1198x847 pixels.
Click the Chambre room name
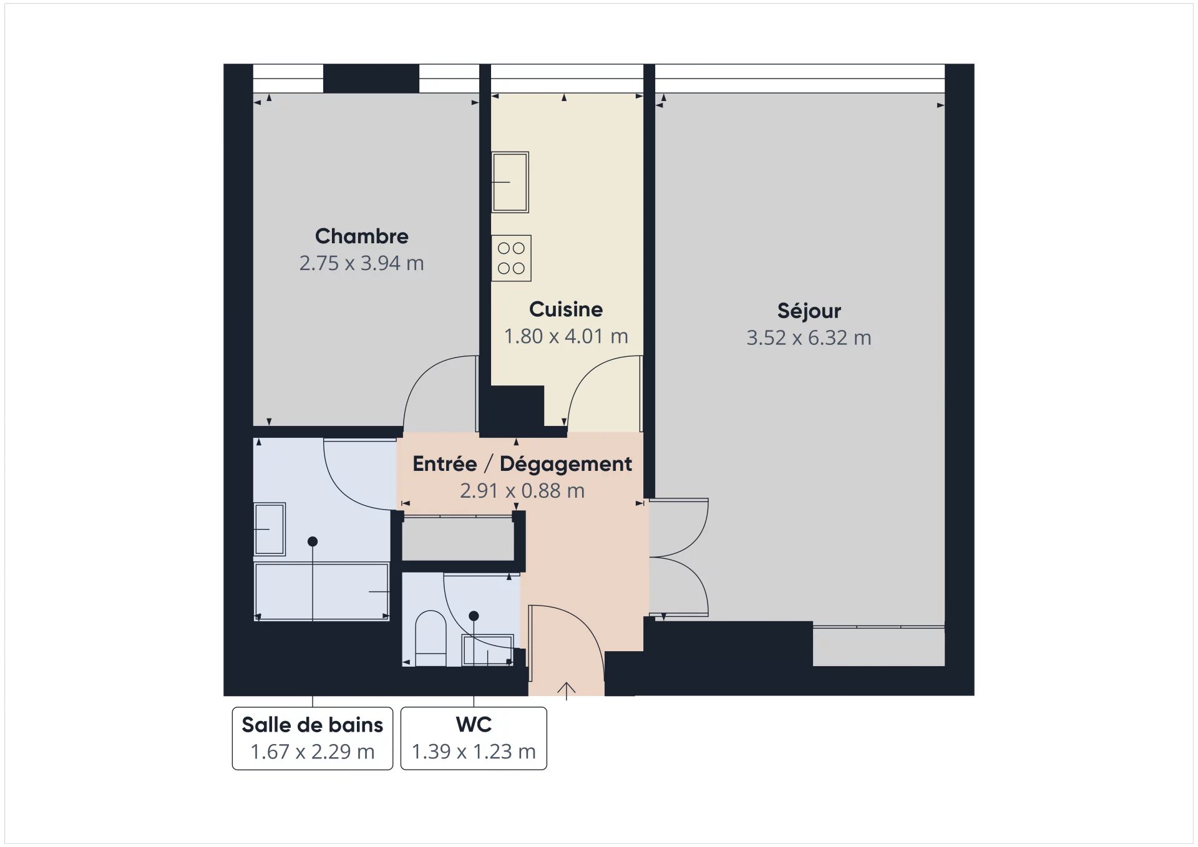(x=361, y=236)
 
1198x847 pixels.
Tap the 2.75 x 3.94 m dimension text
(x=361, y=263)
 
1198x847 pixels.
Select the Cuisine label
(x=566, y=309)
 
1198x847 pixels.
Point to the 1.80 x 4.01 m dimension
(x=566, y=336)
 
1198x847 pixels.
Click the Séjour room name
(x=809, y=310)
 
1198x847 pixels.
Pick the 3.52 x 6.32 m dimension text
(x=809, y=338)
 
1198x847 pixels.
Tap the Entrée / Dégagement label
(x=522, y=464)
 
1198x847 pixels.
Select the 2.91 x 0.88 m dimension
(x=522, y=491)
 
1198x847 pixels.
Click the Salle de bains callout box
(x=313, y=738)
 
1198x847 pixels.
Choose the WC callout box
(x=474, y=738)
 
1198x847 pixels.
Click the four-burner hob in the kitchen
(x=511, y=258)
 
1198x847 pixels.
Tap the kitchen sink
(x=510, y=182)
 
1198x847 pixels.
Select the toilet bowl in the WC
(x=431, y=638)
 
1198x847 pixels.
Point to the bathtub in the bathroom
(x=322, y=591)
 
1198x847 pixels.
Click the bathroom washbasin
(x=270, y=529)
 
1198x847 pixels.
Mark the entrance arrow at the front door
(x=566, y=691)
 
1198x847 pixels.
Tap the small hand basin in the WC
(x=487, y=651)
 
